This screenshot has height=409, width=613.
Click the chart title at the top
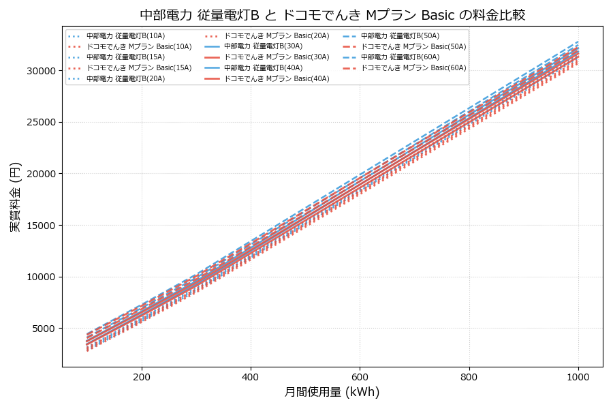coord(332,15)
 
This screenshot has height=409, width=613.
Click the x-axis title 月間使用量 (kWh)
coord(332,392)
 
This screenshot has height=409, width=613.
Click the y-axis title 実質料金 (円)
coord(15,197)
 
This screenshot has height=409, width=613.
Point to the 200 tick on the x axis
coord(142,376)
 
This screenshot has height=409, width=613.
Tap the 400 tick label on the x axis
coord(251,376)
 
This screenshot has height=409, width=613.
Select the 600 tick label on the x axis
coord(360,376)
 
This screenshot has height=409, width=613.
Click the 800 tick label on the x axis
coord(469,376)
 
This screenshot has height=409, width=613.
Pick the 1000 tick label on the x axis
coord(578,376)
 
